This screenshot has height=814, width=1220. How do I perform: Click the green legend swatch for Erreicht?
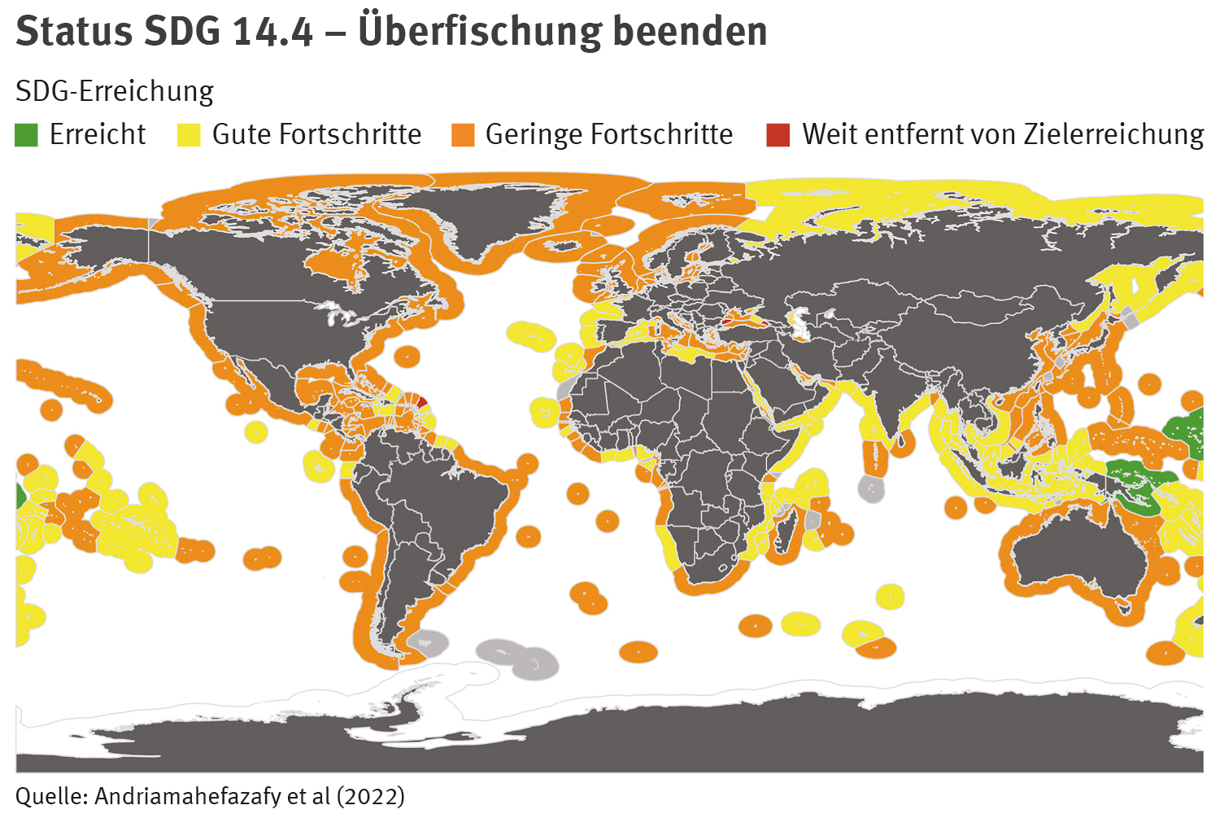pos(27,135)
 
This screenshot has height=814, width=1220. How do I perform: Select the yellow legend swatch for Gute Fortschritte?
pos(189,135)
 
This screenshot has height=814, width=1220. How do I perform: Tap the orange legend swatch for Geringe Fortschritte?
pos(463,135)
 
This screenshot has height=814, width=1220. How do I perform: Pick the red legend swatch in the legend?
pos(778,135)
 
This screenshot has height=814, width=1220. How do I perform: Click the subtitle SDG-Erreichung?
pos(115,91)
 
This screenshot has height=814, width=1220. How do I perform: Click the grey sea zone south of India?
pos(870,488)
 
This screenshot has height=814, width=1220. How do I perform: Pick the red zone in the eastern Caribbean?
pos(421,401)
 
